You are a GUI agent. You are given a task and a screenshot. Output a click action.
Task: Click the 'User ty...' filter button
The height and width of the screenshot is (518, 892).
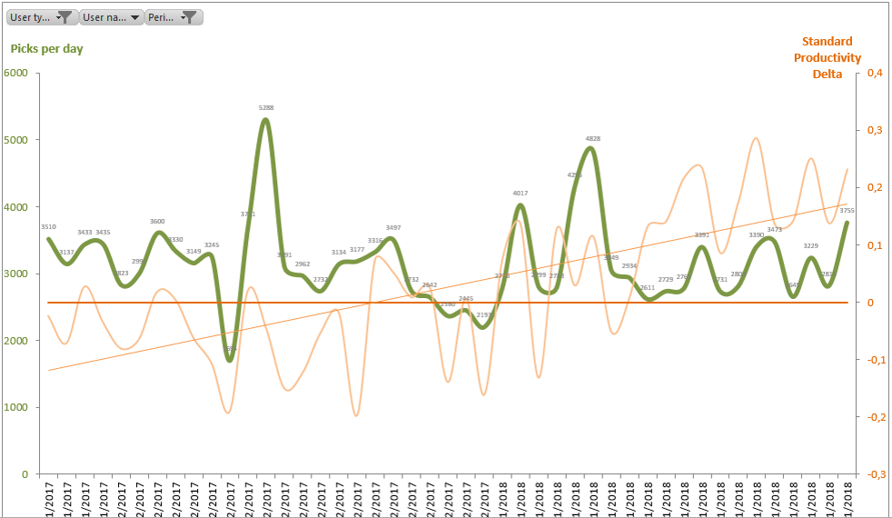point(40,17)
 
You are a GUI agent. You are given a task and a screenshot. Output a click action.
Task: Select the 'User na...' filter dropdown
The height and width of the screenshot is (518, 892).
point(112,17)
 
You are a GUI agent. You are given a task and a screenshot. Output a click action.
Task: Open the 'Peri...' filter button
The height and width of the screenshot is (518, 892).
point(173,17)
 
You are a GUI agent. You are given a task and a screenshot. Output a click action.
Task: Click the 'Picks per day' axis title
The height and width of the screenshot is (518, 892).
point(47,48)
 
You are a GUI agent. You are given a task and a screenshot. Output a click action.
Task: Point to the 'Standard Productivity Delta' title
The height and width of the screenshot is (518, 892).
point(827,57)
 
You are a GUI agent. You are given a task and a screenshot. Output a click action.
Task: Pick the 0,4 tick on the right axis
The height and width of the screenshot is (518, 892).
point(875,73)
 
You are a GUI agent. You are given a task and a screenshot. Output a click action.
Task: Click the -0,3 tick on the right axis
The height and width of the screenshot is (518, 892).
point(874,473)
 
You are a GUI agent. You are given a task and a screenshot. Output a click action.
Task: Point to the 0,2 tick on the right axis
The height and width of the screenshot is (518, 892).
point(875,187)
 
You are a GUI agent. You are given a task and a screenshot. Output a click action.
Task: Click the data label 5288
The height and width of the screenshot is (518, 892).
point(266,108)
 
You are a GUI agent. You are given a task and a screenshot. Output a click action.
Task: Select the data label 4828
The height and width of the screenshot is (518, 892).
point(592,139)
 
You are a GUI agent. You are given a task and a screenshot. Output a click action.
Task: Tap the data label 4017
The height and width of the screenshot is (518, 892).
point(520,194)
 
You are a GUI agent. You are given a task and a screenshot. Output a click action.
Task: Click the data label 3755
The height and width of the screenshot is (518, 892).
point(847,211)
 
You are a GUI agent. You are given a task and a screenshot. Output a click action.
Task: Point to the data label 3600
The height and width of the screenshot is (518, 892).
point(157,222)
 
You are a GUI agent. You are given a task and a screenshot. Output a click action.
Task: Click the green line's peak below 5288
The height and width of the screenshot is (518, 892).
point(265,120)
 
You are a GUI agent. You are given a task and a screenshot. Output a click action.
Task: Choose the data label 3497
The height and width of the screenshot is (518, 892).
point(393,228)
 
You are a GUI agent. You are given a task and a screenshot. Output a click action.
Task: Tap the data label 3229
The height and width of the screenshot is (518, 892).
point(811,246)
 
